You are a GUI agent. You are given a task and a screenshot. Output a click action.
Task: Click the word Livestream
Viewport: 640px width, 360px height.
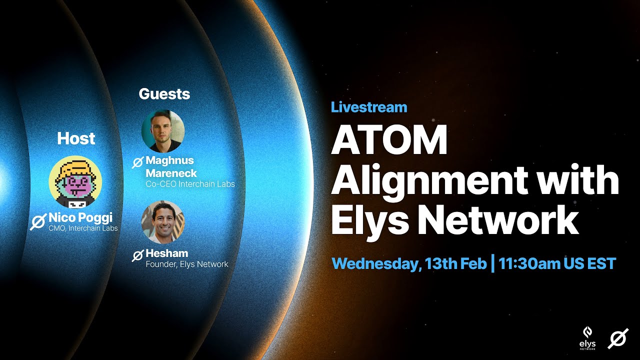tap(369, 107)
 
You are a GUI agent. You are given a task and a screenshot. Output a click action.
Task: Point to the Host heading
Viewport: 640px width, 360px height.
tap(76, 138)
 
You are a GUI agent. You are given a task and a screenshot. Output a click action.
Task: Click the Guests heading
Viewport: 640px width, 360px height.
tap(164, 94)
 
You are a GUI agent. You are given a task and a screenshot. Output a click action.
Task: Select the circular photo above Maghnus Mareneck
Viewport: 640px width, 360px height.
tap(163, 131)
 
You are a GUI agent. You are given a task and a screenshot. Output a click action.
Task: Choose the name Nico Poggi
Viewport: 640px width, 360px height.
tap(81, 218)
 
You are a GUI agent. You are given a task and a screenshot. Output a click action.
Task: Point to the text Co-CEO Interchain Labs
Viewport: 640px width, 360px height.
tap(190, 183)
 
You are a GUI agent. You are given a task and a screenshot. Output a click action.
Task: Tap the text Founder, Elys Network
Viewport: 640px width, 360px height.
tap(186, 264)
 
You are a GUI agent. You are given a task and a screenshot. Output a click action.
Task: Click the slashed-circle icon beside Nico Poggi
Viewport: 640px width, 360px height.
tap(38, 221)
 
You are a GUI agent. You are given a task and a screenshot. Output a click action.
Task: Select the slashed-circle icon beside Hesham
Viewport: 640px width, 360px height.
tap(137, 255)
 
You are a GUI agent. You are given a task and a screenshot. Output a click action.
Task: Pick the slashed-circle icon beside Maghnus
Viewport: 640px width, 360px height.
tap(137, 162)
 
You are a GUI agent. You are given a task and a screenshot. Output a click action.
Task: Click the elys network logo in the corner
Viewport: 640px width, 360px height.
tap(588, 337)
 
